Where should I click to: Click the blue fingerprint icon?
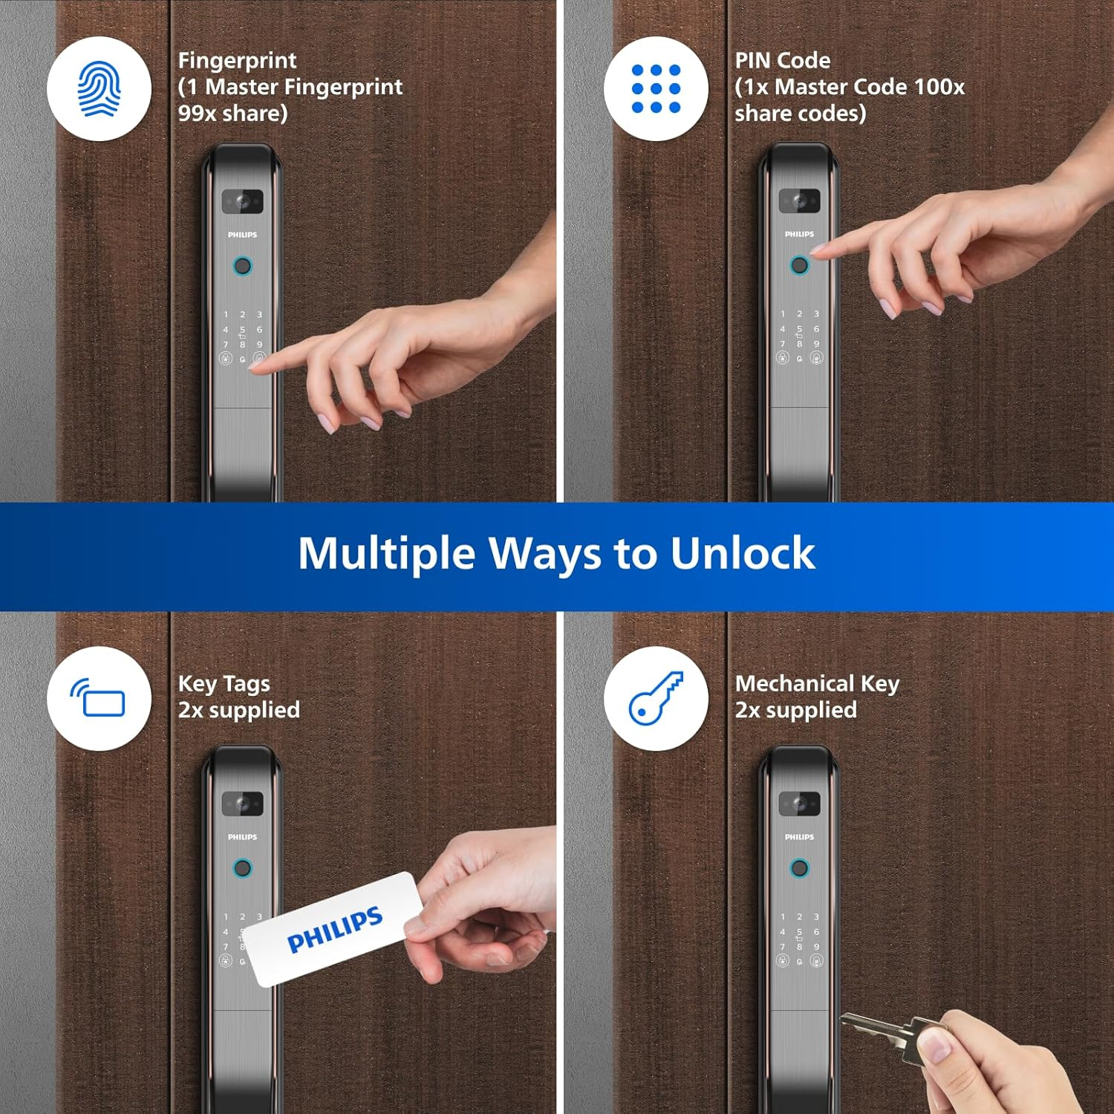(99, 88)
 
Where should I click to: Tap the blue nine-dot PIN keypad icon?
(656, 88)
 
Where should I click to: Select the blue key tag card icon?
(99, 698)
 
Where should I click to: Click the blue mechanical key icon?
(656, 698)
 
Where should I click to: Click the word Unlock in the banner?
(742, 553)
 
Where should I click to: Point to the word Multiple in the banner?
(386, 553)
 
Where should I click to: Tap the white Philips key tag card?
(333, 929)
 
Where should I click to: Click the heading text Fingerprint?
(237, 60)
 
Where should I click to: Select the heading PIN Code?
(783, 60)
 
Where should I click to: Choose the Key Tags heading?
(224, 683)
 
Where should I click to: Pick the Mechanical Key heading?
(817, 683)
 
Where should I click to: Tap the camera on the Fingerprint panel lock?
(242, 201)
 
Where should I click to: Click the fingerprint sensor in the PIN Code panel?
(799, 265)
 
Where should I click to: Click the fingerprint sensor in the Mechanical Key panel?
(799, 867)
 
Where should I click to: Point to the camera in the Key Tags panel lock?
(242, 804)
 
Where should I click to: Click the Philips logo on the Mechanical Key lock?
(799, 837)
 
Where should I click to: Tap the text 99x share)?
(232, 114)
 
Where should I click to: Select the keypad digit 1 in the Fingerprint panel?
(226, 315)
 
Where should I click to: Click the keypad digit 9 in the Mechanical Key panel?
(816, 947)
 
